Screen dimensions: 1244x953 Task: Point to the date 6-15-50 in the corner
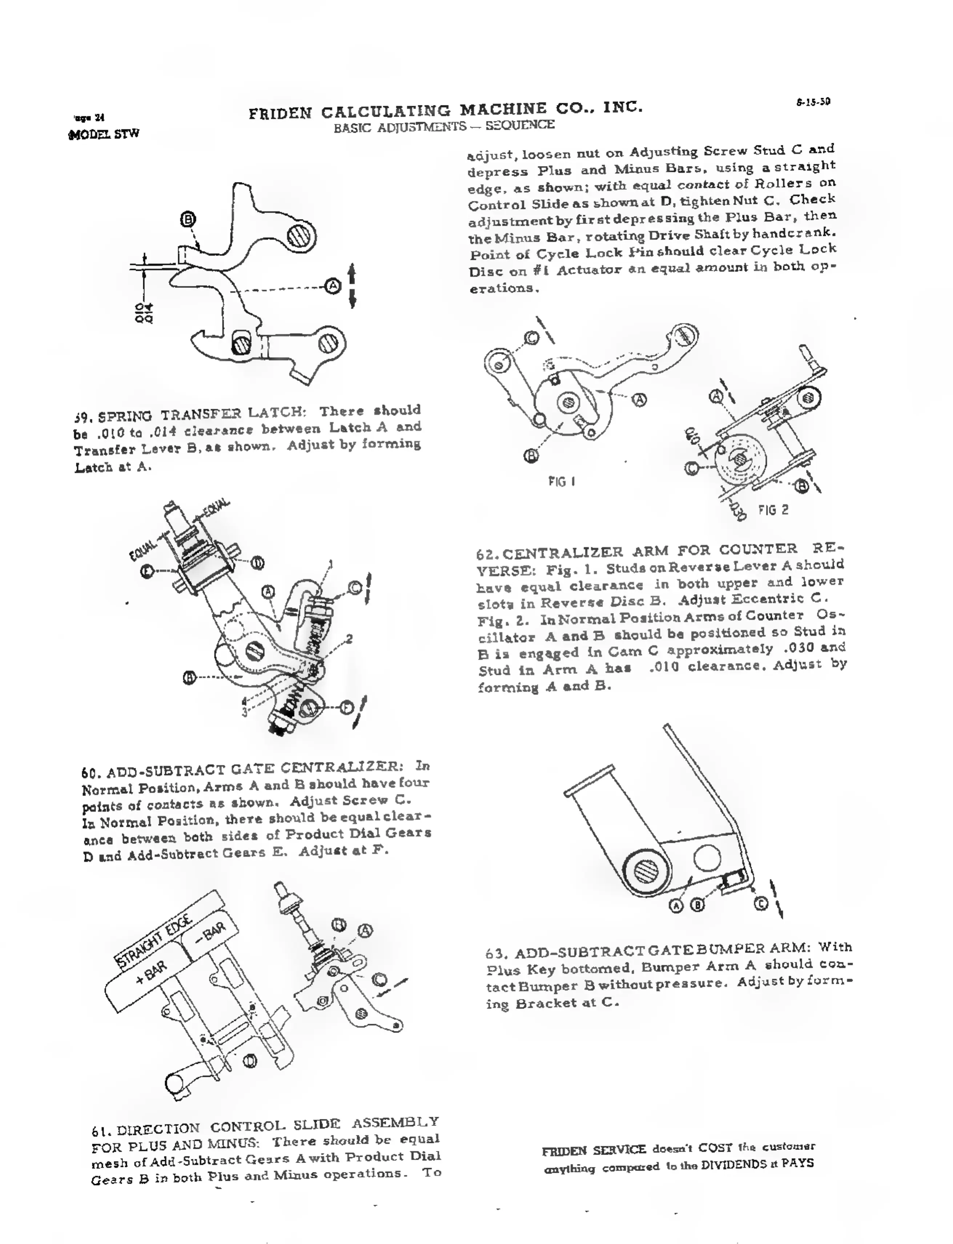point(813,102)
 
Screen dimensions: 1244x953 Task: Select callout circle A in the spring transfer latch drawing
point(333,286)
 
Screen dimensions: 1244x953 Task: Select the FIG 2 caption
point(773,510)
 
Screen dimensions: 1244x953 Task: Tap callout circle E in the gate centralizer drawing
point(148,571)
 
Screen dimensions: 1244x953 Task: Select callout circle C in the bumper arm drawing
point(761,903)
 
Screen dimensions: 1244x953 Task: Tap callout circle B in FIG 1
point(531,455)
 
